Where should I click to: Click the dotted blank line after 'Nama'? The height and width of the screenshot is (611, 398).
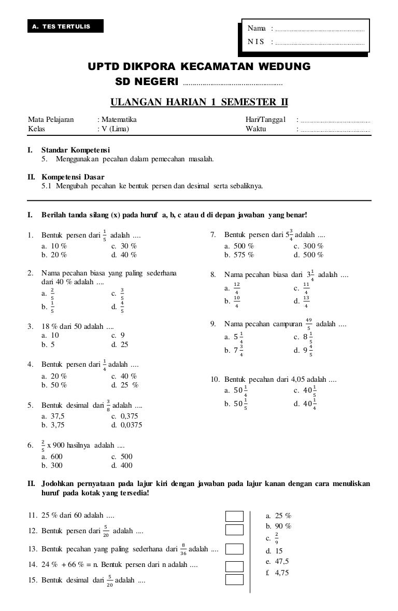pos(320,30)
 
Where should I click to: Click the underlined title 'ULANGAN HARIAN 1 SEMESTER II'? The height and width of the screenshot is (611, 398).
pos(200,102)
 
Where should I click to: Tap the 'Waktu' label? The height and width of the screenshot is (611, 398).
pos(255,129)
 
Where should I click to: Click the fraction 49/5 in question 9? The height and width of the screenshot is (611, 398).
pos(308,324)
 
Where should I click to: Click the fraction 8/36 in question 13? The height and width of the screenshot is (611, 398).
pos(183,549)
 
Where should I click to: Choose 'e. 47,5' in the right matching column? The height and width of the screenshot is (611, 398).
pos(277,561)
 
